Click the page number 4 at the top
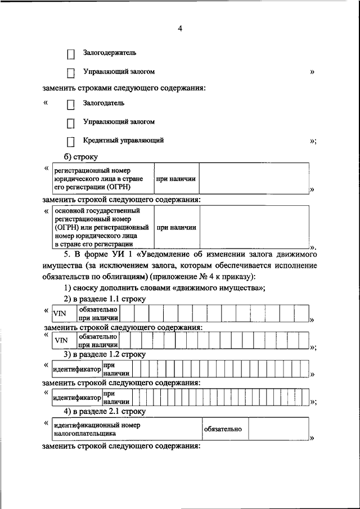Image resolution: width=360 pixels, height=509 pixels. pyautogui.click(x=180, y=29)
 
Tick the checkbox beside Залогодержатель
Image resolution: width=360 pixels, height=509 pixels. pyautogui.click(x=71, y=55)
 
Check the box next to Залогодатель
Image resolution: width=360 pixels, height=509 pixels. pyautogui.click(x=71, y=105)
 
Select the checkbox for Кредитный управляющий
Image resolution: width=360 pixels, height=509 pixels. pyautogui.click(x=71, y=142)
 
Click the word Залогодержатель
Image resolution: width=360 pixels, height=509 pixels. pyautogui.click(x=110, y=53)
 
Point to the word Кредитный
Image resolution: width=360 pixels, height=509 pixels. pyautogui.click(x=99, y=141)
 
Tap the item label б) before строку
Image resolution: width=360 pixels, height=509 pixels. pyautogui.click(x=70, y=157)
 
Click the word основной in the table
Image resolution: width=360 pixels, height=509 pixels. pyautogui.click(x=69, y=210)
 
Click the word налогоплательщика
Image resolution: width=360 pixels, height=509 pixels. pyautogui.click(x=85, y=434)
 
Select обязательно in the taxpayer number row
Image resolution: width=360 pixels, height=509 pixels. pyautogui.click(x=223, y=429)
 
